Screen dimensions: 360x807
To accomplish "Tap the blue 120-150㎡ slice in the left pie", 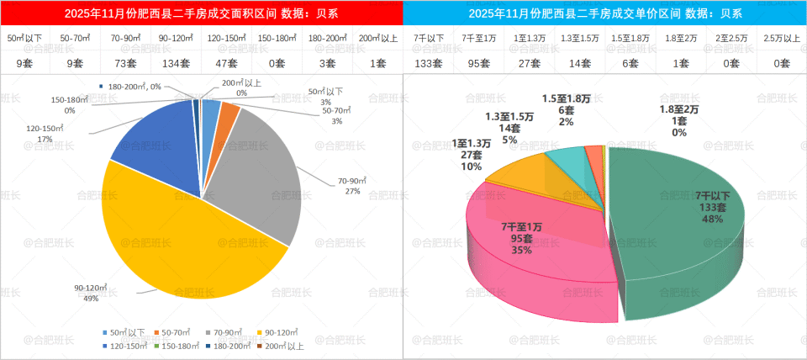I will click(x=156, y=139).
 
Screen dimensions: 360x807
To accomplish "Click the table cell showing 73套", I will click(x=125, y=63).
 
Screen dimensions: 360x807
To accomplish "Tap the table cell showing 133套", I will click(x=429, y=63).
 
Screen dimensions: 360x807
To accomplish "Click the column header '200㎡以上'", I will click(x=377, y=39).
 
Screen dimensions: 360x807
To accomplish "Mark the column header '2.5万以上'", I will click(x=782, y=39).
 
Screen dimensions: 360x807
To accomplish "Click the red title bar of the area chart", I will click(x=202, y=13).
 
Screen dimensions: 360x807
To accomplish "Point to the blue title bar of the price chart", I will click(x=605, y=13).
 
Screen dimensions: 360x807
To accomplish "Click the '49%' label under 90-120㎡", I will click(x=91, y=298).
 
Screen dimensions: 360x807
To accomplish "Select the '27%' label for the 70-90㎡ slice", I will click(x=351, y=191).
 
